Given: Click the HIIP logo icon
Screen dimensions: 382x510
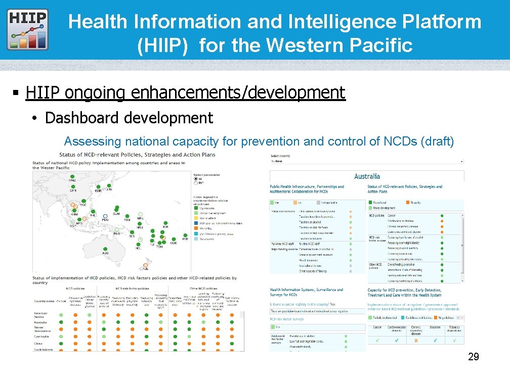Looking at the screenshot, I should point(28,29).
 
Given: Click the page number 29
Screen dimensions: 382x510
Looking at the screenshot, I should point(474,358).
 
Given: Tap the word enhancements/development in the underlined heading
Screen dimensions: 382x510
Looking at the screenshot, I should point(238,93).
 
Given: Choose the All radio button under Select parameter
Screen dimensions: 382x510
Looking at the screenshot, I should point(196,179).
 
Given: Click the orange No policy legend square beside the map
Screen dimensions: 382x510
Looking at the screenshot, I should point(196,228).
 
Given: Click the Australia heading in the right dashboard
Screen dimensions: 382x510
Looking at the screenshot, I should point(367,176).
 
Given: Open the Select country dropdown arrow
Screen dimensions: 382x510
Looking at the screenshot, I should point(461,162).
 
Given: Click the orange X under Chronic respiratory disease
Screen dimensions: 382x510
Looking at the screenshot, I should point(416,341).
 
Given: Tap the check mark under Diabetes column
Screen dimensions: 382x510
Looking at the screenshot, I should point(435,341).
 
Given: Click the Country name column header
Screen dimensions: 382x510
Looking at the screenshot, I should point(44,301).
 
